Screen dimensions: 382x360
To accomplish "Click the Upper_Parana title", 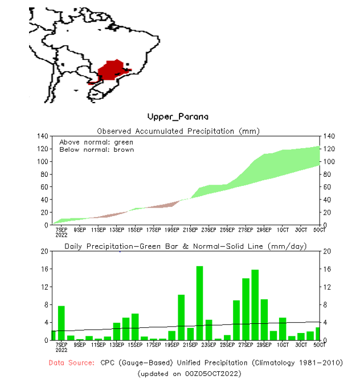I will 178,117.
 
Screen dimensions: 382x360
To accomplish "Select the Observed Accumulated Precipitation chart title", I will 178,131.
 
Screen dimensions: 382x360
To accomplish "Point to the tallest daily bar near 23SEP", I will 199,302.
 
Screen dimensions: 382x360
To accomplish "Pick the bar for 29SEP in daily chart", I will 264,319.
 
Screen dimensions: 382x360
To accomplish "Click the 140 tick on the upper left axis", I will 43,136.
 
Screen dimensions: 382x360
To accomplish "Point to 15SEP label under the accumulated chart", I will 134,230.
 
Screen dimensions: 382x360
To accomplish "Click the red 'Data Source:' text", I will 72,362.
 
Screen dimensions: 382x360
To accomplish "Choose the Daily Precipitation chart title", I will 186,246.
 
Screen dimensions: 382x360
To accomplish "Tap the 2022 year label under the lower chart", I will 61,350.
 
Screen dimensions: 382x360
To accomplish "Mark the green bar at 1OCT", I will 283,329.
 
